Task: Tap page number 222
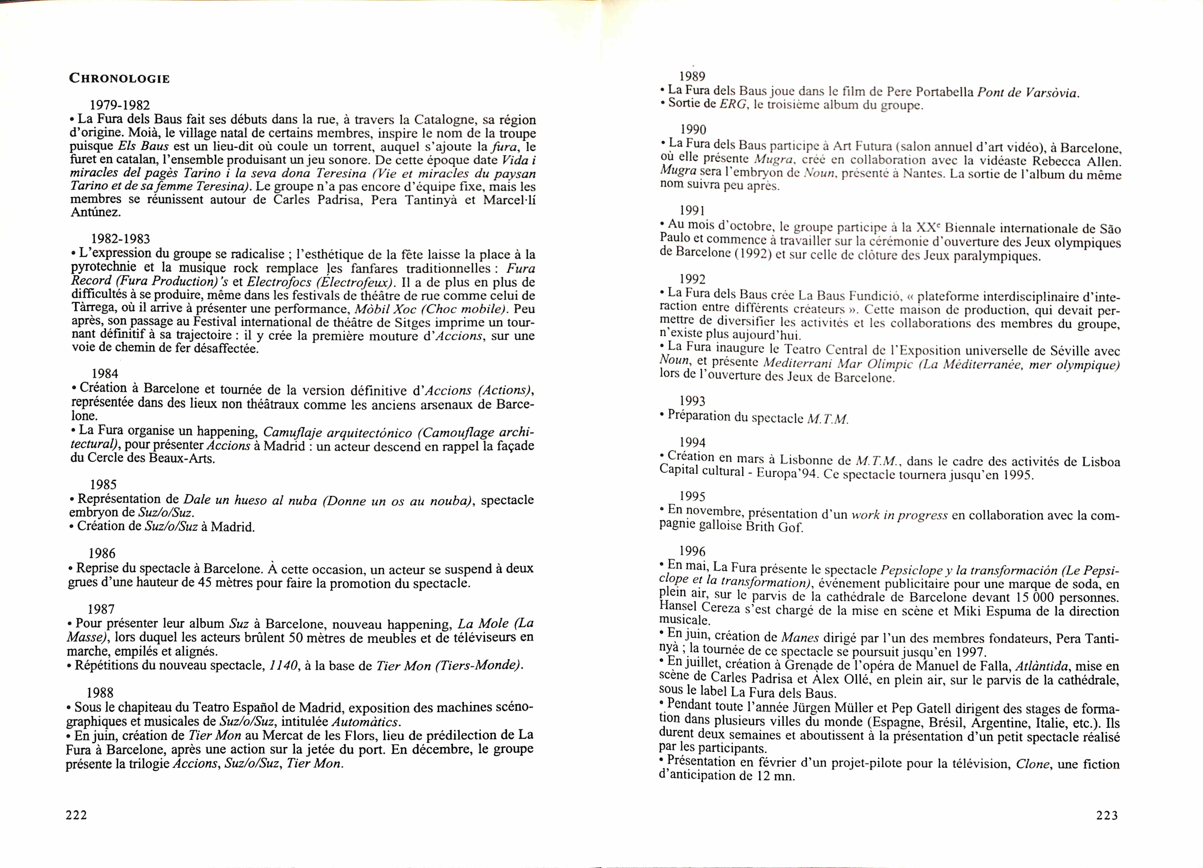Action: point(76,815)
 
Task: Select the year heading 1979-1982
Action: point(120,105)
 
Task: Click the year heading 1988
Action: point(100,693)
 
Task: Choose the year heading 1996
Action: point(692,552)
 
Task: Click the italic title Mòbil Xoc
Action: point(378,309)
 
